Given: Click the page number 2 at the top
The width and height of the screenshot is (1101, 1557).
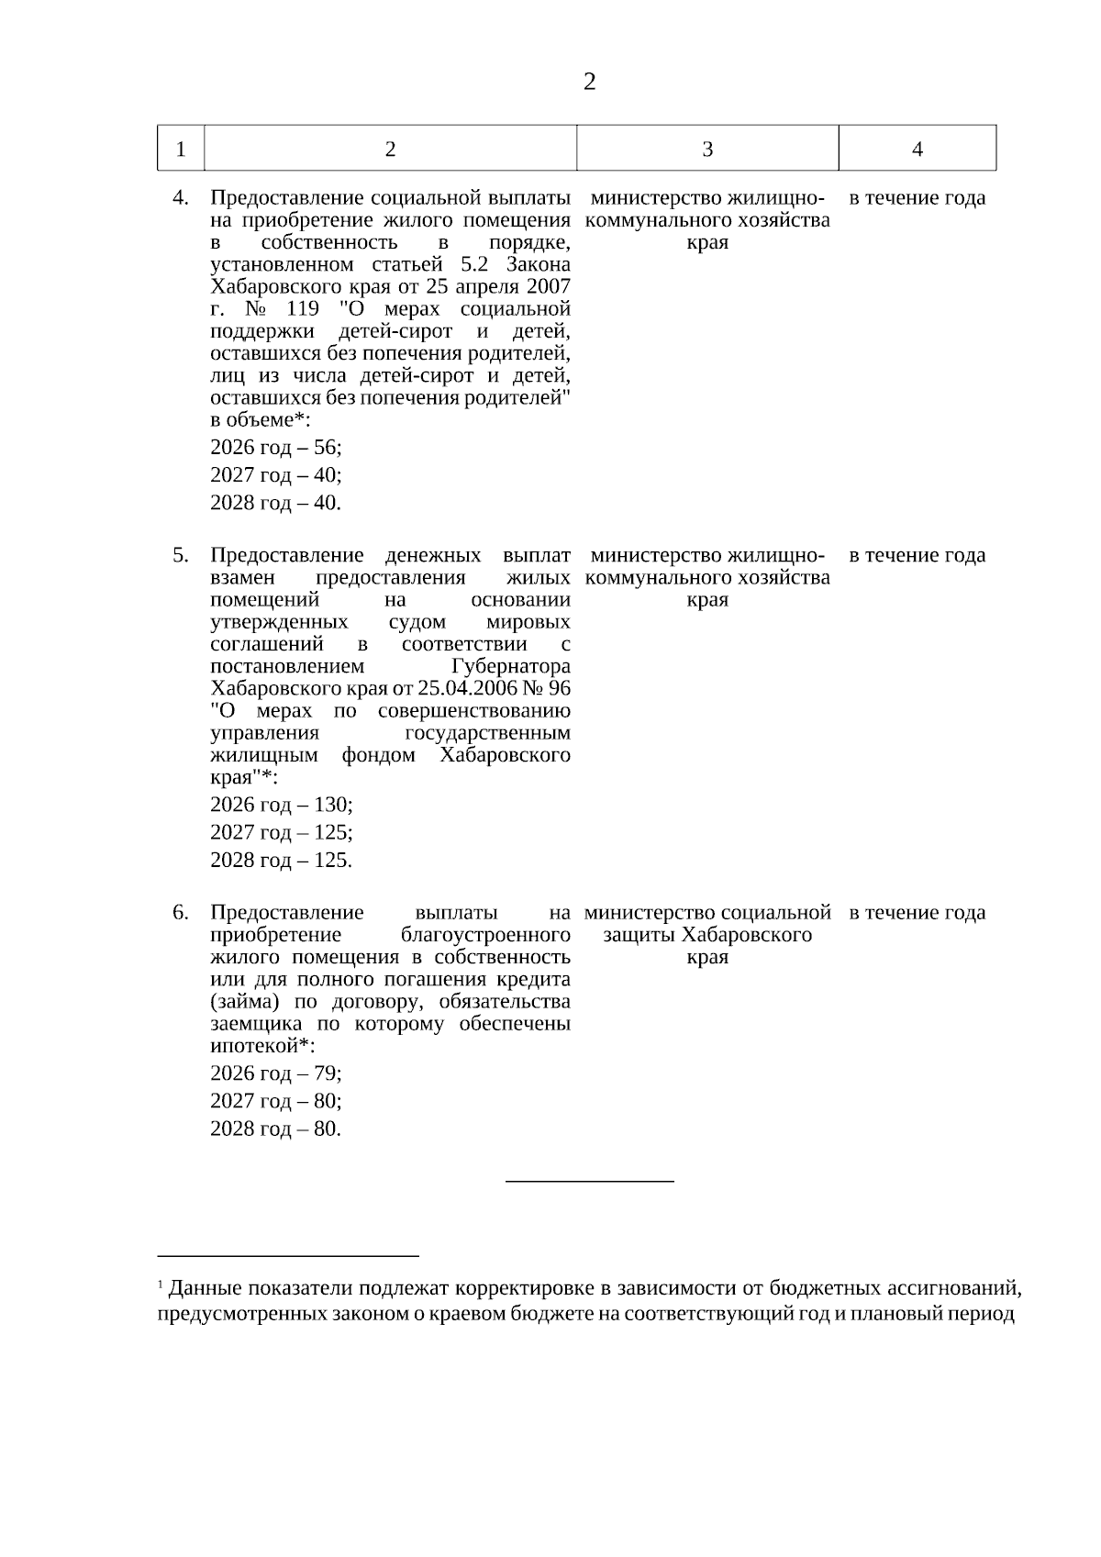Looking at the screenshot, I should coord(589,83).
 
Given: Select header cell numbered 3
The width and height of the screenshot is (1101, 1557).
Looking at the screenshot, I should coord(707,150).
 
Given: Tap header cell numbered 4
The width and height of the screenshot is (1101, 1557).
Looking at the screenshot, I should coord(917,150).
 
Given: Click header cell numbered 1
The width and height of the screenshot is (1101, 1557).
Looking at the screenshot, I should coord(181,150).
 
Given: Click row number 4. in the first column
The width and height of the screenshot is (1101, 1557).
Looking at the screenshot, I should coord(181,198).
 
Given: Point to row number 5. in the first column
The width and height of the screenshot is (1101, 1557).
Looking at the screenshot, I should coord(181,555).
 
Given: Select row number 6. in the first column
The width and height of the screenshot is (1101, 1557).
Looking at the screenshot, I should coord(181,913).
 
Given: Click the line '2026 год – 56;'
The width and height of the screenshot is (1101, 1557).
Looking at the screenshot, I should coord(275,448).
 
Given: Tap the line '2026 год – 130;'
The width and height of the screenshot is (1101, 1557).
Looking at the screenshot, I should coord(281,805).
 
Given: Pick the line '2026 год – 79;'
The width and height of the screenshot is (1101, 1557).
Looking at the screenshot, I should coord(275,1073).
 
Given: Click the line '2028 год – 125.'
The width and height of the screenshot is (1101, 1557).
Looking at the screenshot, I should coord(281,861).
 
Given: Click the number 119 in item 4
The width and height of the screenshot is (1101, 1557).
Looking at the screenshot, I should coord(303,309).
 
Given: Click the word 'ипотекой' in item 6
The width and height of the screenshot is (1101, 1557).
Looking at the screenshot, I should coord(254,1047).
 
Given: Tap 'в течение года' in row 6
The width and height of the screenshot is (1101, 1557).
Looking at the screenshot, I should coord(917,913).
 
